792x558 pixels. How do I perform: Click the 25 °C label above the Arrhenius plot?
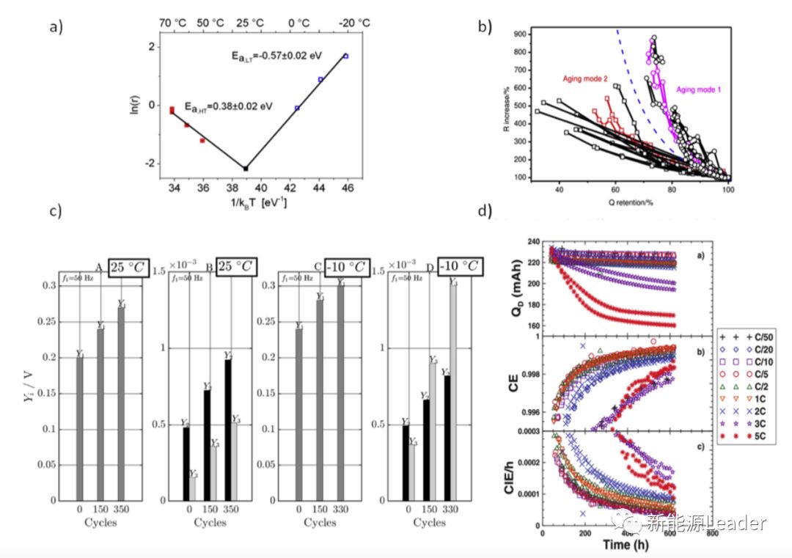pyautogui.click(x=250, y=23)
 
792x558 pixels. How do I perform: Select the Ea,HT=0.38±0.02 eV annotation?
pyautogui.click(x=228, y=106)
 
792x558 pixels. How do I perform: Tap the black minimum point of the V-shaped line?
pyautogui.click(x=246, y=168)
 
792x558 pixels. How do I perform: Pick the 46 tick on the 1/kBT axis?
pyautogui.click(x=347, y=188)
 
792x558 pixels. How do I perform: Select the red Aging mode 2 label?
pyautogui.click(x=586, y=78)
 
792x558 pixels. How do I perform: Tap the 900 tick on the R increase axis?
pyautogui.click(x=521, y=33)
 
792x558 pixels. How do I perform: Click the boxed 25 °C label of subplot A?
pyautogui.click(x=128, y=267)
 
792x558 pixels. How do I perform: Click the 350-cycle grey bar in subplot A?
pyautogui.click(x=121, y=403)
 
